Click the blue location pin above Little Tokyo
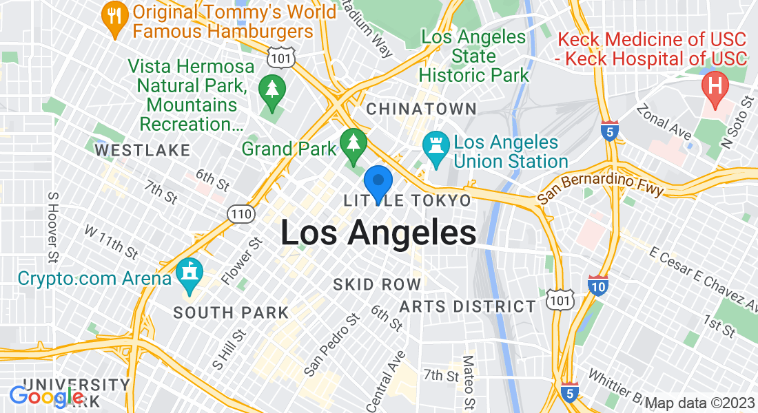[x=378, y=182]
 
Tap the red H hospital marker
[x=715, y=87]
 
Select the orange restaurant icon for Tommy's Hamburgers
[x=112, y=20]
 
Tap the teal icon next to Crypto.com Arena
[x=187, y=278]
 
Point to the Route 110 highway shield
[x=241, y=214]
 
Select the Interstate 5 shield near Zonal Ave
[x=609, y=131]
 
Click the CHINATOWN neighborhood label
[x=421, y=109]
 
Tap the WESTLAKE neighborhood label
[x=142, y=150]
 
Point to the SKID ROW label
[x=376, y=284]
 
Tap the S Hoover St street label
[x=52, y=227]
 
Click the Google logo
[x=47, y=396]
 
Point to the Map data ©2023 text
[x=699, y=403]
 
